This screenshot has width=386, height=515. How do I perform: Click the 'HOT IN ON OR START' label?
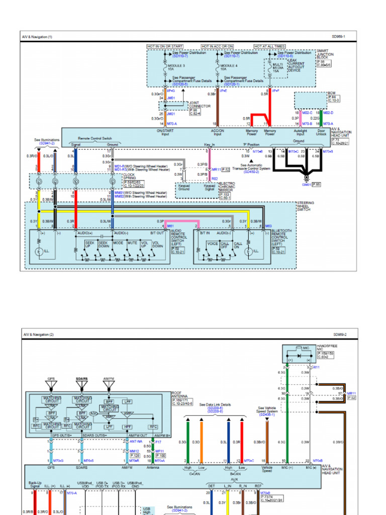point(165,46)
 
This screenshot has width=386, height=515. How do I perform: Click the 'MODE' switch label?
point(118,242)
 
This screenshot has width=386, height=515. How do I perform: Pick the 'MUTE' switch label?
point(132,242)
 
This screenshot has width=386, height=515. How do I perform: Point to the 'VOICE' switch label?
point(213,243)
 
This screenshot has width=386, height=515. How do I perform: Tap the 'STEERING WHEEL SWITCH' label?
point(306,206)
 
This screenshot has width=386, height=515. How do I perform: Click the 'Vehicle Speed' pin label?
point(266,469)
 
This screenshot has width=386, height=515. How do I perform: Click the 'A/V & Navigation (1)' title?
point(37,37)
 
